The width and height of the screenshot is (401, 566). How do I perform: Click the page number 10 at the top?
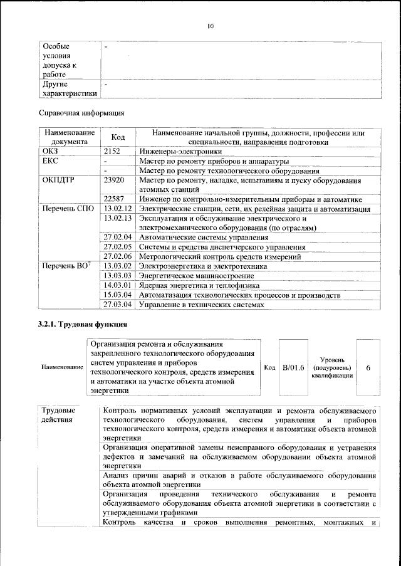click(211, 26)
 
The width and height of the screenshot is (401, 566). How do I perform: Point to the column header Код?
click(118, 137)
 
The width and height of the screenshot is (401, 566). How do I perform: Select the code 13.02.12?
click(118, 209)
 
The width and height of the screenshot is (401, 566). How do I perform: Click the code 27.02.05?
click(118, 247)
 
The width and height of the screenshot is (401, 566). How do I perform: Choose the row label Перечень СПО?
click(68, 209)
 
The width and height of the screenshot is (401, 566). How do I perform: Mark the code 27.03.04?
click(118, 305)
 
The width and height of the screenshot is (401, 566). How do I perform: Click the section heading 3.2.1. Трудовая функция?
click(83, 325)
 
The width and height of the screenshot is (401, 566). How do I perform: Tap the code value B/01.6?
click(293, 367)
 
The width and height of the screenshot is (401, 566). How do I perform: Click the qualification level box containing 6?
click(368, 367)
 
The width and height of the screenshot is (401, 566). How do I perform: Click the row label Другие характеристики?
click(68, 88)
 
